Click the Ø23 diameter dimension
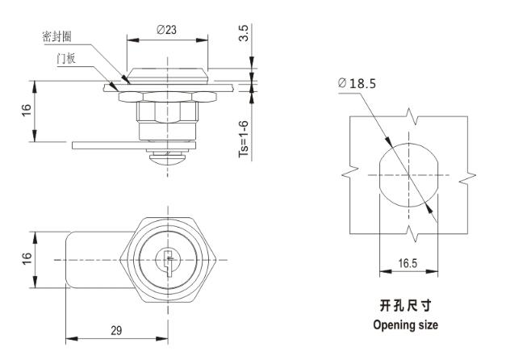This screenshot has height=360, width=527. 167,29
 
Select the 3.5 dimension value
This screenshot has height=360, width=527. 245,34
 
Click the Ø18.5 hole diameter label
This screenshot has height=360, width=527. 358,82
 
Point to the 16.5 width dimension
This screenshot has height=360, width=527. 408,263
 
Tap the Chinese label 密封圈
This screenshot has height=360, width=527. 57,38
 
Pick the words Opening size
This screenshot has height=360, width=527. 406,325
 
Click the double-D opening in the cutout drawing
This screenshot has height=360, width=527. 408,174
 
